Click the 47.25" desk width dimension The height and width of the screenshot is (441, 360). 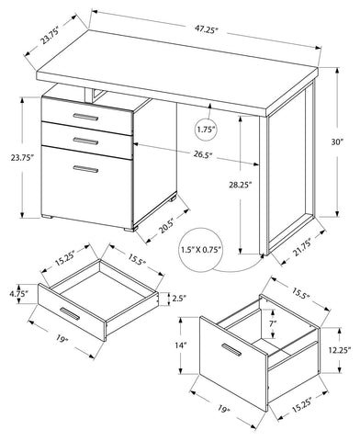coord(206,30)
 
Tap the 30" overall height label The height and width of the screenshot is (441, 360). coord(337,141)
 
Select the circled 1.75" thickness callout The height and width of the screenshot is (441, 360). coord(205,130)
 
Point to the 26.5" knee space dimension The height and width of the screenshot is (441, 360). coord(203,154)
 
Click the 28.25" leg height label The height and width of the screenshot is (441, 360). coord(241,185)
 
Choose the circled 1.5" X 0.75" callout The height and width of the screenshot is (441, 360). coord(201,250)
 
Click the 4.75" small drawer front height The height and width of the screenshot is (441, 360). coord(18,294)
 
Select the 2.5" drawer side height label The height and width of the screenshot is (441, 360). coord(179,298)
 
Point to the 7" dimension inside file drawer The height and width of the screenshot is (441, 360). coord(274,322)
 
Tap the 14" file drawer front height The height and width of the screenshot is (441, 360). coord(181,345)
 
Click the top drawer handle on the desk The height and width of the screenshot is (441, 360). coord(85,117)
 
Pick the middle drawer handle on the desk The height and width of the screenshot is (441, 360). coord(85,141)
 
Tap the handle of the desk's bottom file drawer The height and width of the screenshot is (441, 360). coord(85,169)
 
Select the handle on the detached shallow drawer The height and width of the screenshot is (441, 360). coord(70,313)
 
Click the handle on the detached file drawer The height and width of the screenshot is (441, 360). coord(231,350)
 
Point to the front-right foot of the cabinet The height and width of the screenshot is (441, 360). coord(129,229)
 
